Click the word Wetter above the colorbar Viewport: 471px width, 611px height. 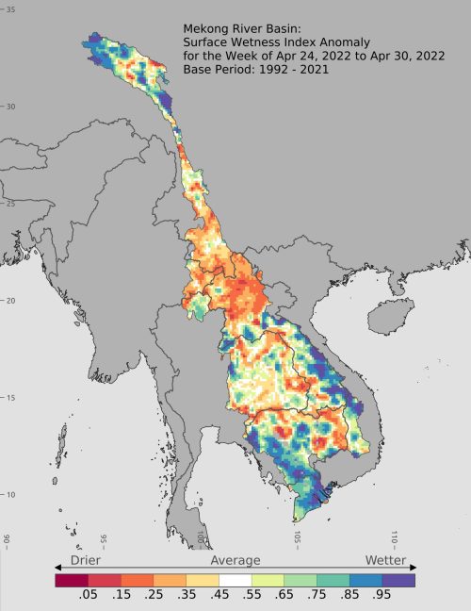click(386, 560)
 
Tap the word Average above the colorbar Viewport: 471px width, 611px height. click(235, 560)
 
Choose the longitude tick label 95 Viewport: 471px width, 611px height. click(104, 541)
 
